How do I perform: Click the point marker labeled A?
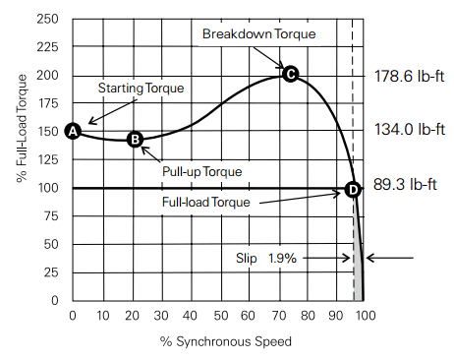pos(72,131)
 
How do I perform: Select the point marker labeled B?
pos(136,140)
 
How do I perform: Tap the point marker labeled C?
pos(290,74)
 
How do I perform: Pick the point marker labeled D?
pos(354,189)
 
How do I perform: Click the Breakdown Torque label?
pos(258,33)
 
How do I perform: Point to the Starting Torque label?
pos(142,89)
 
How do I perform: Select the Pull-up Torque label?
pos(201,171)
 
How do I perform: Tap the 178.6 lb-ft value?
pos(411,75)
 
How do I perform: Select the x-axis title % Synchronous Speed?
pos(218,341)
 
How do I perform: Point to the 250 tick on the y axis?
pos(49,20)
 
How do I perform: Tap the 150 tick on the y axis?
pos(49,132)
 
